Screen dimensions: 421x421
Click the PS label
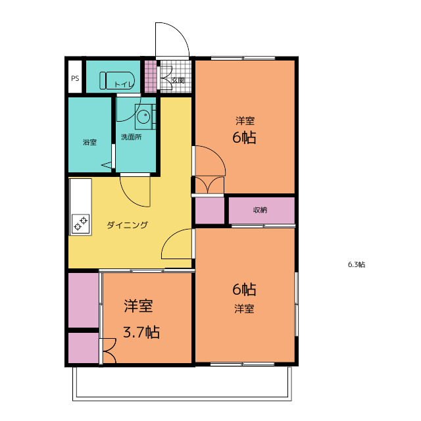(75, 78)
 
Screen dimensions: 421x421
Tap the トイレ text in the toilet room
(124, 84)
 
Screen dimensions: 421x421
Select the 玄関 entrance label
(178, 80)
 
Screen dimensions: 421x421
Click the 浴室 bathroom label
(89, 142)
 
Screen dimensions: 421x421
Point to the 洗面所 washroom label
(132, 137)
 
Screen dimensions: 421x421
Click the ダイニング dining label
(128, 225)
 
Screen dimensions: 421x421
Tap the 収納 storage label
(260, 210)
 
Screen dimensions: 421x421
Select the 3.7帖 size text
(141, 332)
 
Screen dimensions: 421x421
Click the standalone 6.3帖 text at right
(357, 264)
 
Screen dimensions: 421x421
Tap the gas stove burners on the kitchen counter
(80, 224)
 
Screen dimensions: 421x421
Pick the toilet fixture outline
(117, 80)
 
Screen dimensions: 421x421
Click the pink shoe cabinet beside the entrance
(151, 76)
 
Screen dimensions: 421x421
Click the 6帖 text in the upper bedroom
(244, 137)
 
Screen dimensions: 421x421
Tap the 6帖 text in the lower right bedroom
(244, 289)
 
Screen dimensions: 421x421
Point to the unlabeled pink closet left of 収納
(209, 210)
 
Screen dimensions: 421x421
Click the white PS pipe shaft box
(75, 77)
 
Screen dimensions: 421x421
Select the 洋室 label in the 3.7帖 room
(139, 306)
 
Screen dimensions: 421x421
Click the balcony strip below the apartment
(182, 384)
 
